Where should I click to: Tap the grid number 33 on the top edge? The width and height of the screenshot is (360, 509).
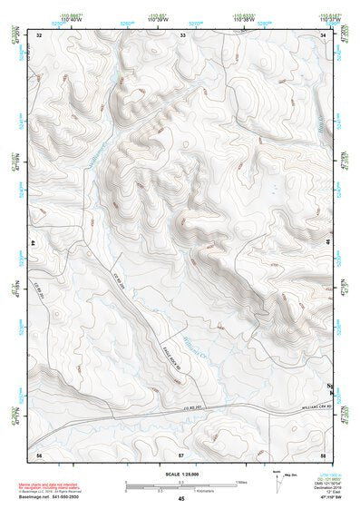(x=183, y=34)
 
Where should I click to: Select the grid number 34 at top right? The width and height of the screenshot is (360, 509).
(x=324, y=34)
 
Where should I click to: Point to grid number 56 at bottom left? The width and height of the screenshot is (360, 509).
(x=39, y=452)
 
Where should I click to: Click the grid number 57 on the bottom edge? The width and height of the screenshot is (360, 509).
(x=181, y=452)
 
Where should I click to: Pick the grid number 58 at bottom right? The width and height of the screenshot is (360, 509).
(x=323, y=452)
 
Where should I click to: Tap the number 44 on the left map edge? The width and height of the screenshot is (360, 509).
(x=34, y=245)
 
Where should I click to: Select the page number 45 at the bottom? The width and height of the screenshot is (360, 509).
(x=181, y=499)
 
